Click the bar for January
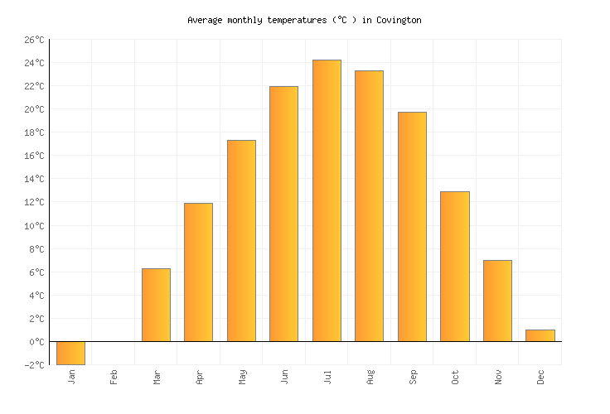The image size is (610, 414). tap(70, 353)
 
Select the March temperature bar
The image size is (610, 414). tap(156, 305)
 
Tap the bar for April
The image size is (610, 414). tap(198, 272)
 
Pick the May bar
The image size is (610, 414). tap(241, 241)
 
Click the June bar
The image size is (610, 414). tap(283, 214)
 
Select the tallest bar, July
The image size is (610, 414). tap(327, 200)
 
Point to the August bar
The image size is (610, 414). tap(369, 206)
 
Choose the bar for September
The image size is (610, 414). tap(412, 227)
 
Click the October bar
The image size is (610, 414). tap(454, 267)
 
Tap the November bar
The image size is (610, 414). tap(497, 301)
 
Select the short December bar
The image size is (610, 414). tap(540, 335)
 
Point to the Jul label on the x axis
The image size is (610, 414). tap(327, 377)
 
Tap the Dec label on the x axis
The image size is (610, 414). tap(540, 377)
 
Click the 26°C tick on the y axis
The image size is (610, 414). tap(34, 40)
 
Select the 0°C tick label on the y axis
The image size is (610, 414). tap(36, 342)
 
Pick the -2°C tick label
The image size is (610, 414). tap(34, 365)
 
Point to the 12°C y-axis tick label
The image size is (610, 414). tap(34, 203)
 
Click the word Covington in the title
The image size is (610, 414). tap(398, 20)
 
